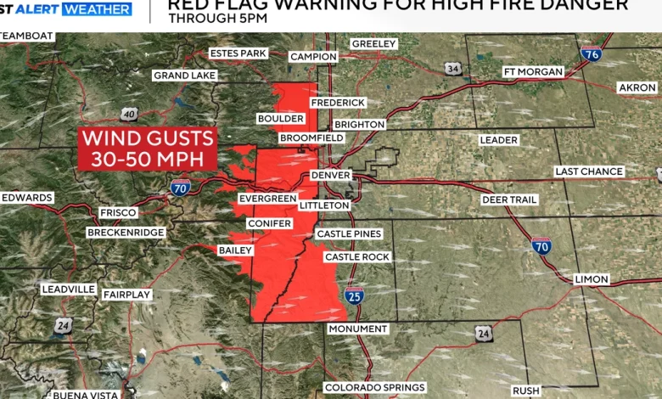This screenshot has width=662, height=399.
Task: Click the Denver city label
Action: coord(330,175)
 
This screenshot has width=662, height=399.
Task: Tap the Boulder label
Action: coord(279,119)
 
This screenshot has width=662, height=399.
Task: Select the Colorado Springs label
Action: coord(375,388)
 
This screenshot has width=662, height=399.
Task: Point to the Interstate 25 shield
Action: coord(355,295)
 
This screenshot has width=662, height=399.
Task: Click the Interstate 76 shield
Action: coord(592,54)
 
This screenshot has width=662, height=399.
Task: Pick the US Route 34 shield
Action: coord(454,69)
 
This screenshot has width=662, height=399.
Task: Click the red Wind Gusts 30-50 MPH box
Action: coord(147,149)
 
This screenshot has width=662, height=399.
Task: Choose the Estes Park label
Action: coord(238,53)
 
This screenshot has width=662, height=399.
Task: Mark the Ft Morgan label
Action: coord(533,71)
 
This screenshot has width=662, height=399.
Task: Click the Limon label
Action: coord(592,279)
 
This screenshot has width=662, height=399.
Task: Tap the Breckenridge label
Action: coord(125,233)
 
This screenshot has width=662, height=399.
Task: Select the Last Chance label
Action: coord(589,171)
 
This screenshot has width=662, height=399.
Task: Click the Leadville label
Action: coord(69,289)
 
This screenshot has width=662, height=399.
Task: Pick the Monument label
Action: coord(358,329)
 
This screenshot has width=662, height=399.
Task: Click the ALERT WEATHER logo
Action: coord(66,9)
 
